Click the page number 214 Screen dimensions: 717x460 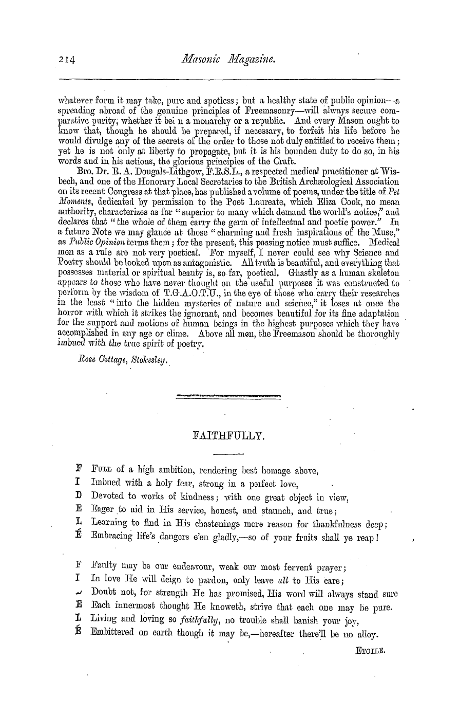67,60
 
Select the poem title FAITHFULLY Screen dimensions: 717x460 228,437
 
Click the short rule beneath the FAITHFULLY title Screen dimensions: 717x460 228,453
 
